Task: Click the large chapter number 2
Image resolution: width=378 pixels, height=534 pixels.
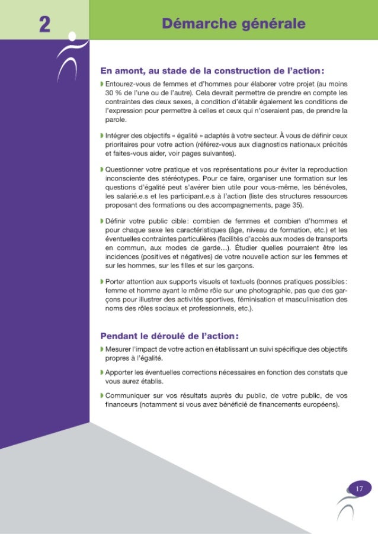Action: coord(44,25)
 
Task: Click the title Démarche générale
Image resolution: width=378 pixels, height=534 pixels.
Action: coord(233,24)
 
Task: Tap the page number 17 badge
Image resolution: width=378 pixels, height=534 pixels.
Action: coord(358,488)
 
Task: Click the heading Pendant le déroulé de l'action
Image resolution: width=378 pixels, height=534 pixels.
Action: coord(169,336)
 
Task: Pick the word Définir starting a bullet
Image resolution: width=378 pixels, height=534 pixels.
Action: coord(117,221)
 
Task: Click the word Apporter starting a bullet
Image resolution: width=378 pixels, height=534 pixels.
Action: coord(121,371)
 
